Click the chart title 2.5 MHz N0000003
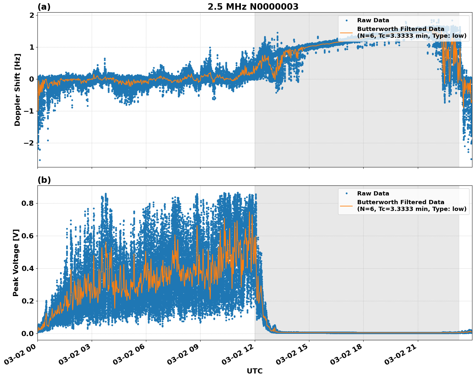(x=253, y=7)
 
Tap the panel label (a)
(x=44, y=7)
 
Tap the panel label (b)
(x=44, y=180)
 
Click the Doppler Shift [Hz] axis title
(x=17, y=90)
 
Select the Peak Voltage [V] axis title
(x=16, y=263)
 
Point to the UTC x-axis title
(x=254, y=371)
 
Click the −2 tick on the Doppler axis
(x=29, y=143)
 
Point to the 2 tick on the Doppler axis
(x=32, y=15)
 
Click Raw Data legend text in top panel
(x=373, y=20)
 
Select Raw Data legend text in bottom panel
(x=373, y=194)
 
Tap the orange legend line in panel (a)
(x=346, y=33)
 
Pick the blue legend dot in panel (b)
(x=346, y=194)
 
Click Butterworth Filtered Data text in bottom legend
(x=400, y=202)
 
